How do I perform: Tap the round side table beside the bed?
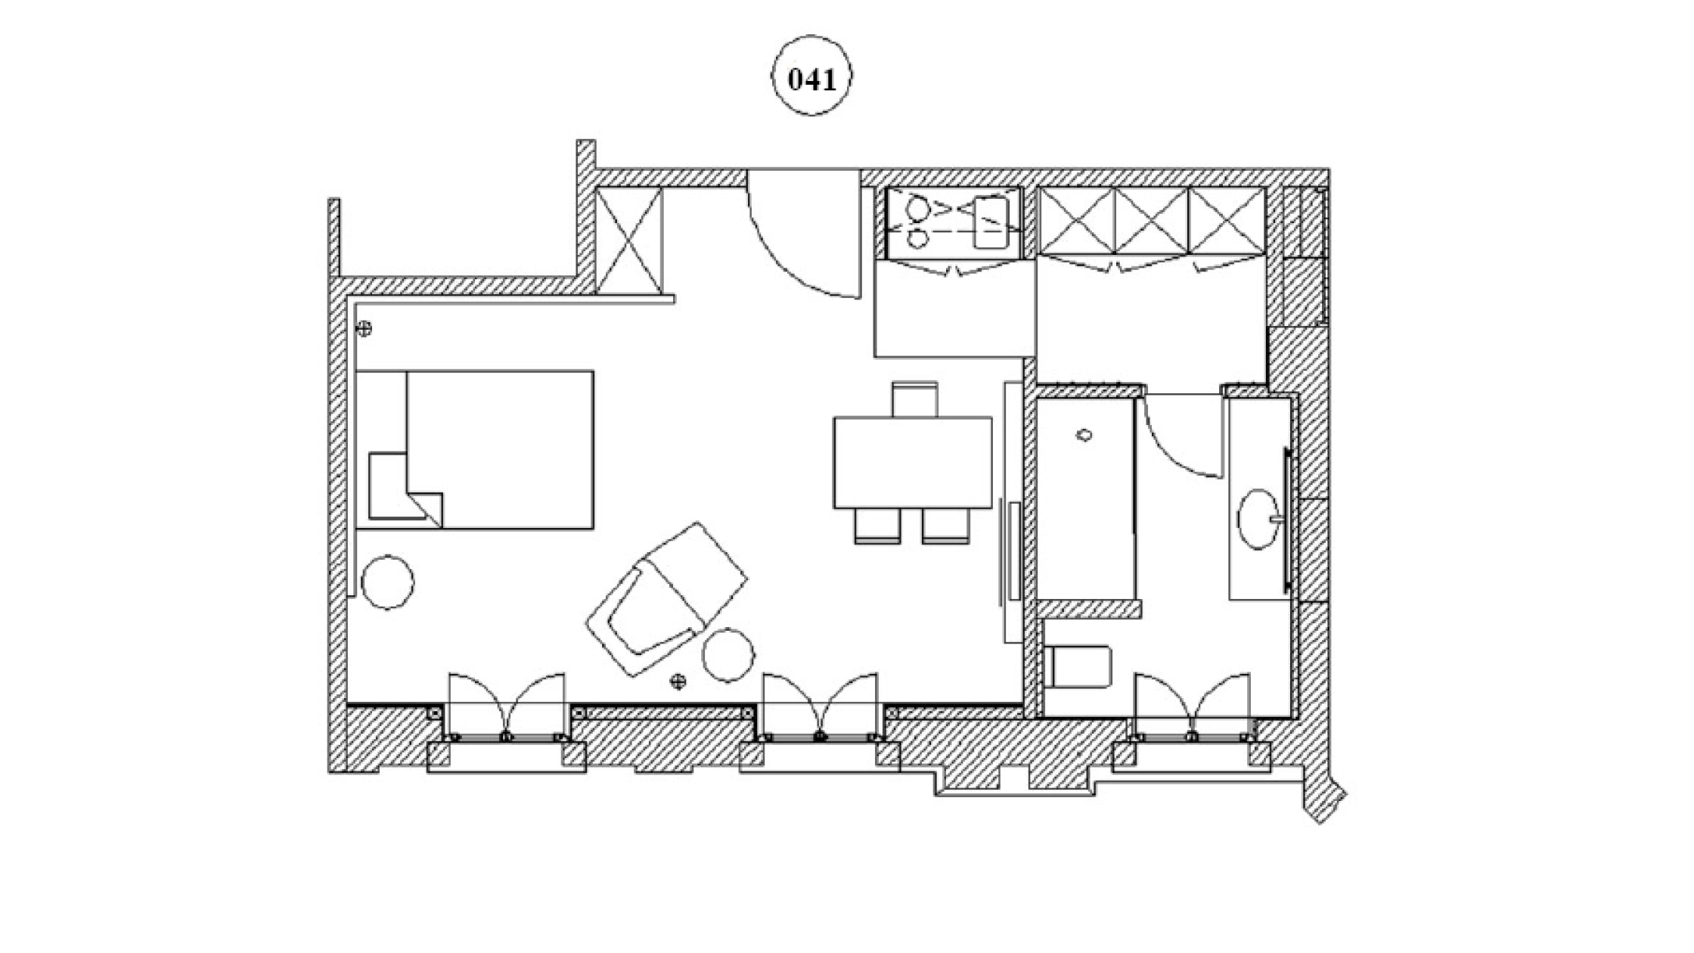(387, 582)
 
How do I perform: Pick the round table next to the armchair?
(728, 655)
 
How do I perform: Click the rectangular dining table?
(912, 462)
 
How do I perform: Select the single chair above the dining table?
(914, 399)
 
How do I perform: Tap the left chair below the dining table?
(877, 525)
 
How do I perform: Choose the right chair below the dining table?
(945, 525)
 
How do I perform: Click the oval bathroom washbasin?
(1258, 519)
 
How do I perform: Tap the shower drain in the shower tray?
(1084, 435)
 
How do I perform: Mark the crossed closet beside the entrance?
(628, 241)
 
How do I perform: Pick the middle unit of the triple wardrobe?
(1152, 221)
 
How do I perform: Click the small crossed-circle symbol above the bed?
(365, 328)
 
